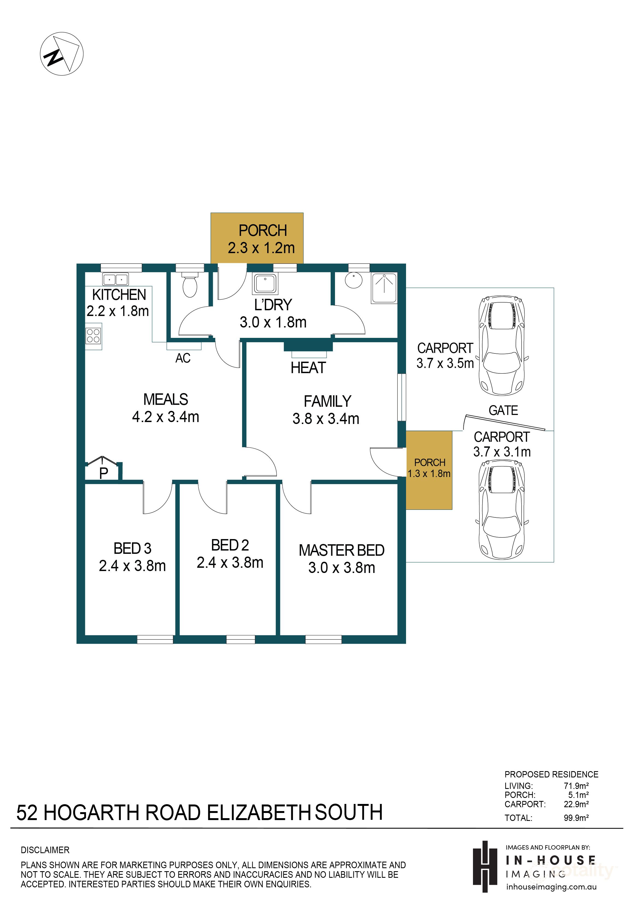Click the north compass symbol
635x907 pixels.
coord(61,54)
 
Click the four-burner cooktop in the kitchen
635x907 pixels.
coord(94,336)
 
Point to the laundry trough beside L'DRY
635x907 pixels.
coord(265,284)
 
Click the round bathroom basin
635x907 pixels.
coord(354,280)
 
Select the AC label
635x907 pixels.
coord(183,358)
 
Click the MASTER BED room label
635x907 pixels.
coord(342,550)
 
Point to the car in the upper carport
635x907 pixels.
coord(502,346)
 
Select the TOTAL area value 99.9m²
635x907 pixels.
coord(576,818)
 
